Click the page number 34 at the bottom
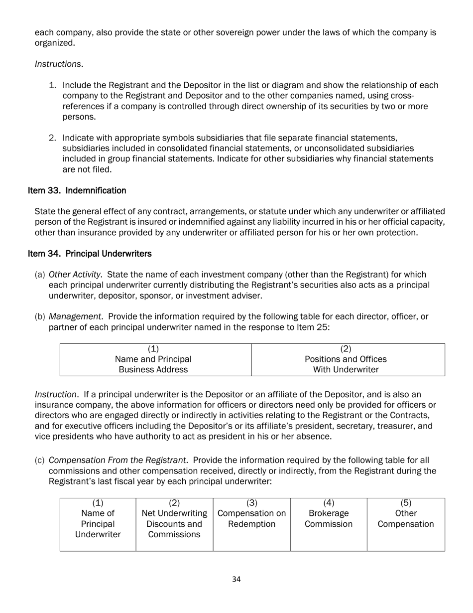click(x=236, y=579)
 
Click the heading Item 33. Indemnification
click(x=77, y=191)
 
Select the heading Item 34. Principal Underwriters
click(x=90, y=254)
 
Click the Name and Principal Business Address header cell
click(x=153, y=359)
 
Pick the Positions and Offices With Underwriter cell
click(x=346, y=359)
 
